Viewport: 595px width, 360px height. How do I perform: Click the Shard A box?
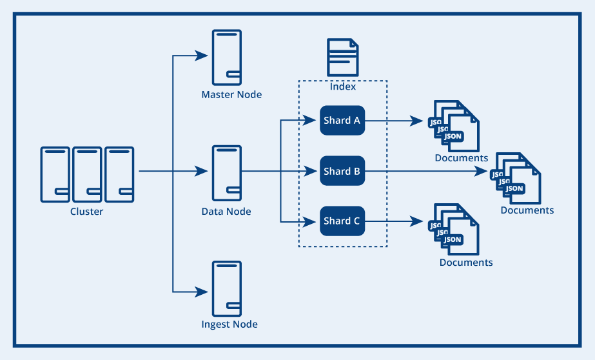tap(342, 121)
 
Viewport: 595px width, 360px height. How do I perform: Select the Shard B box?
tap(342, 171)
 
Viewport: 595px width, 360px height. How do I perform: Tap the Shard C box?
tap(342, 221)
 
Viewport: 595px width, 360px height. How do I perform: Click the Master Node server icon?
tap(227, 57)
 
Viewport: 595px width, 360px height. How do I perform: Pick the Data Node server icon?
tap(227, 173)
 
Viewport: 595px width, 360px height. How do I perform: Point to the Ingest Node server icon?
tap(227, 288)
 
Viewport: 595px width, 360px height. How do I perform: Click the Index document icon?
tap(343, 57)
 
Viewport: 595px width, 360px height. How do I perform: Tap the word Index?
tap(343, 86)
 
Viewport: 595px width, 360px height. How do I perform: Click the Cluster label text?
tap(86, 212)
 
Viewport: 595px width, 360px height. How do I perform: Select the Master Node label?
tap(231, 95)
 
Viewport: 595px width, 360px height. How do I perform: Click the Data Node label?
tap(226, 212)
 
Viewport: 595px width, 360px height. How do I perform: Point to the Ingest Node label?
tap(229, 325)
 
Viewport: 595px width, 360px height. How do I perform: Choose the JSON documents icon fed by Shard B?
tap(516, 179)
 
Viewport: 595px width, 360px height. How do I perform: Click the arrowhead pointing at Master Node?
tap(202, 56)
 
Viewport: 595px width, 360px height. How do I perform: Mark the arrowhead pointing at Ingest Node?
tap(202, 292)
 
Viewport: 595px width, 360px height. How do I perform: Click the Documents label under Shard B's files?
tap(527, 210)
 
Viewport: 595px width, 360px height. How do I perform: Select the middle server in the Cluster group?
tap(87, 175)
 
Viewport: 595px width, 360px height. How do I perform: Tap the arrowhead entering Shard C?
tap(309, 221)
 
